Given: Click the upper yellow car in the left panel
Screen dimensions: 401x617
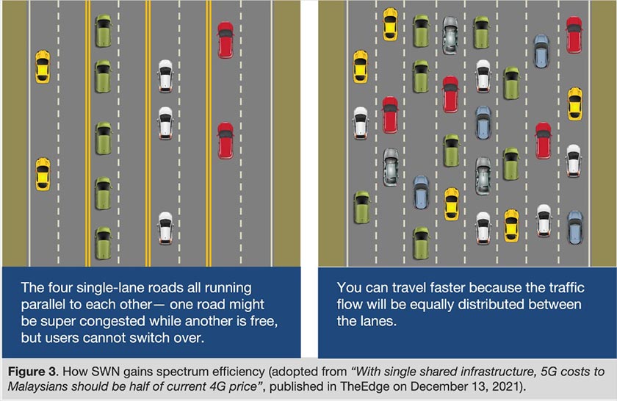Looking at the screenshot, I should pos(43,66).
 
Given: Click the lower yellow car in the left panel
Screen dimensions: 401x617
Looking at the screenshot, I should pos(43,173).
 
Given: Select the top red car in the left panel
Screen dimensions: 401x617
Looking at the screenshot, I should pos(225,40).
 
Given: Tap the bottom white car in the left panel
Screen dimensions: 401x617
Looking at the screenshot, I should pos(166,228).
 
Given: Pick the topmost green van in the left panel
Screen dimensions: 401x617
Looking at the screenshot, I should pos(103,30).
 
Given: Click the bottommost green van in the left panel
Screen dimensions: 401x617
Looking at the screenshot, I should pos(103,243).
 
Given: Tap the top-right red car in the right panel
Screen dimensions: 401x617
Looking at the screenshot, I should pos(574,35).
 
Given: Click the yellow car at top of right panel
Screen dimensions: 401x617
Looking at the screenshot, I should pos(390,24).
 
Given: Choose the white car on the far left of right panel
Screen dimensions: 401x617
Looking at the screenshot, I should pos(360,123).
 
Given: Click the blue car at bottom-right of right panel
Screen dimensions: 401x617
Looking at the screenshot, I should pos(574,227).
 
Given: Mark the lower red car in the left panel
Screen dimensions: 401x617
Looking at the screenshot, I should pos(225,140).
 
